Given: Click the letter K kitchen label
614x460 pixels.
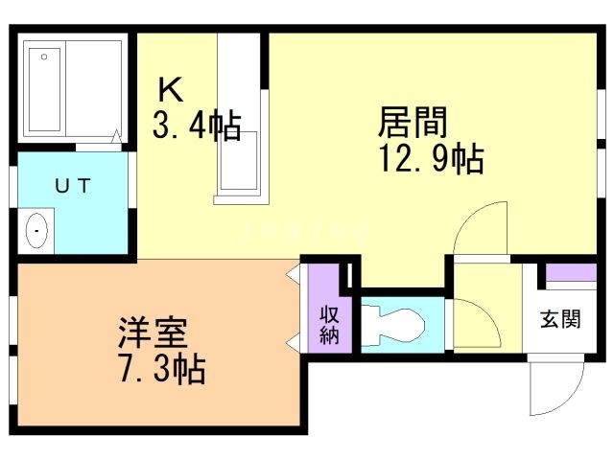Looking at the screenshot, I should click(170, 89).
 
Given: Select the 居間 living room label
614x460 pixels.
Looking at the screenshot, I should click(413, 122).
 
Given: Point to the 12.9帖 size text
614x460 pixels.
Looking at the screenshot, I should click(432, 158).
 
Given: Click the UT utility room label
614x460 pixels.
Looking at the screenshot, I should click(73, 187).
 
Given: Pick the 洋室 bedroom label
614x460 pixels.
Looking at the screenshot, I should click(153, 333).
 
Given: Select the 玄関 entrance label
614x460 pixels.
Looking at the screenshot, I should click(559, 319).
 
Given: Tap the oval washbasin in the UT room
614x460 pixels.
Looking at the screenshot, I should click(36, 231).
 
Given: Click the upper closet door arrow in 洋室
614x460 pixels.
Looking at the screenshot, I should click(293, 276).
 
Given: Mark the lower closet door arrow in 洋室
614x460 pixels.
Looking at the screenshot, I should click(293, 343).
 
